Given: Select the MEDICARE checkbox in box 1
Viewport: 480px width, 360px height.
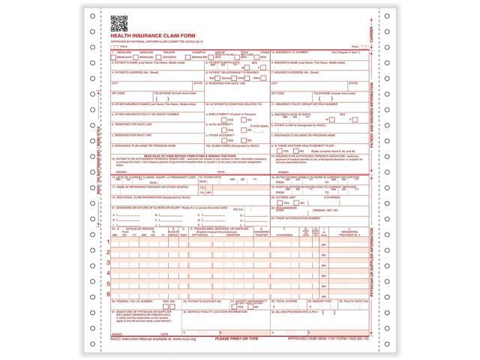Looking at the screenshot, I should click(x=113, y=56).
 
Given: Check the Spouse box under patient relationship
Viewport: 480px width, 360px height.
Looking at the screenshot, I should click(x=223, y=77).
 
